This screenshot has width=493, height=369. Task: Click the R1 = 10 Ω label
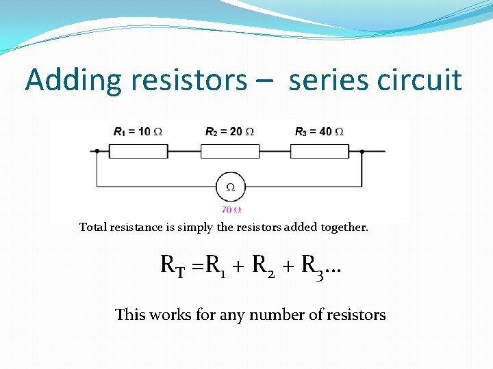pos(138,131)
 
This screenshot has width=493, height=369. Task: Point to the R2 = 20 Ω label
pos(230,131)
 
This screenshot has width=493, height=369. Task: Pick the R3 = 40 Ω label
pos(320,131)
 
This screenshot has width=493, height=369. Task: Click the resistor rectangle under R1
pos(139,151)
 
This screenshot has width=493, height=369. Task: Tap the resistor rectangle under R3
pos(320,151)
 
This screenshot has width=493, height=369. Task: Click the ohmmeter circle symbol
pos(231,187)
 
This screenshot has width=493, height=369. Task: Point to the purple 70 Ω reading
pos(231,210)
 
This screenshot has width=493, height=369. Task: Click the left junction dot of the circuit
pos(97,151)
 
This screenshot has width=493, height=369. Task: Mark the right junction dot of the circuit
pos(362,151)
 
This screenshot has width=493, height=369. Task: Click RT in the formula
pos(173,265)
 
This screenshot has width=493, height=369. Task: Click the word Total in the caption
pos(92,227)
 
